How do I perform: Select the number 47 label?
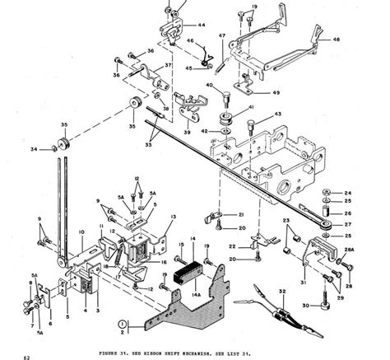click(x=221, y=35)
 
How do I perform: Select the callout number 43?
click(x=278, y=115)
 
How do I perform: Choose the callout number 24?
click(x=348, y=192)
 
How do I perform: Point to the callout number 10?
click(x=81, y=234)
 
